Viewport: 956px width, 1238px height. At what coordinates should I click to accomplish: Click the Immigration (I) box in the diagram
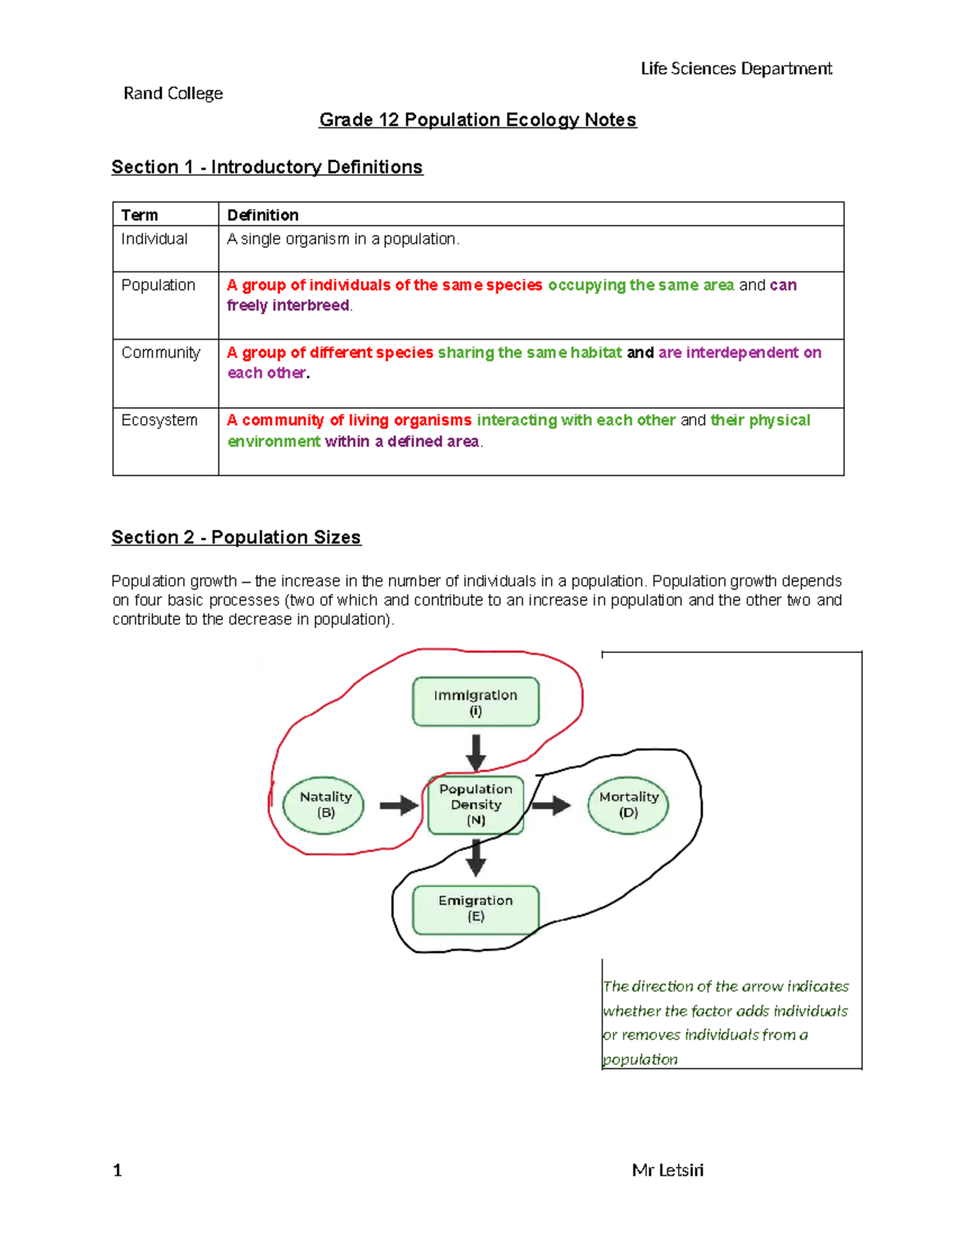476,702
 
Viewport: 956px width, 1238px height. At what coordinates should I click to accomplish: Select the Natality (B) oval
324,805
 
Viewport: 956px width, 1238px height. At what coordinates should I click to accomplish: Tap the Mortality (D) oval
628,805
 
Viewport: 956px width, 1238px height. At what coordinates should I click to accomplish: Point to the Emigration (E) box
476,909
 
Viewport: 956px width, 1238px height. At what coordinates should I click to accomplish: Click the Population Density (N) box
476,805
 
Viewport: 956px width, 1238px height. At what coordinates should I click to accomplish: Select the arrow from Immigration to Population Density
476,752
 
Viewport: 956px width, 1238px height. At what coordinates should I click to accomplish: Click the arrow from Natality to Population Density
398,805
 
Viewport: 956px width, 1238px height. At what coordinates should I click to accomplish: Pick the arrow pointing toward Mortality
551,805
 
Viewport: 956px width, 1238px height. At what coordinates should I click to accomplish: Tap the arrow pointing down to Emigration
476,859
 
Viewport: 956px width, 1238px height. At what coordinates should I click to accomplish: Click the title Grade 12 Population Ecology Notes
477,120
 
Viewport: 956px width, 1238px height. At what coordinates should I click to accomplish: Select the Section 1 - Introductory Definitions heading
267,167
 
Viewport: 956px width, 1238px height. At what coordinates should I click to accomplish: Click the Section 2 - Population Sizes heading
236,537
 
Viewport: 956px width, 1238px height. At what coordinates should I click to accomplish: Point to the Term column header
139,215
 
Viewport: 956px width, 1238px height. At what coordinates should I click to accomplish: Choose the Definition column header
263,215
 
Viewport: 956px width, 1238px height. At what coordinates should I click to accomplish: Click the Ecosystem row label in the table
159,420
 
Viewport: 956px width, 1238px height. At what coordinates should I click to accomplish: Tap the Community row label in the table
160,352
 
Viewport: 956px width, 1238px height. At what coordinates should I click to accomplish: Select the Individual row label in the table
154,239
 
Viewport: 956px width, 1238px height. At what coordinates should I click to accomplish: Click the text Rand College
173,93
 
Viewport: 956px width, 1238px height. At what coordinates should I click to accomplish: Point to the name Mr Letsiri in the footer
668,1170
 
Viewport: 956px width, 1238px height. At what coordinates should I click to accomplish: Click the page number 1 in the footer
117,1170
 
